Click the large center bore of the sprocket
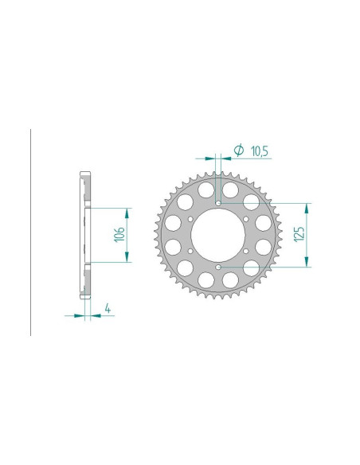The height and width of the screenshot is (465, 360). [219, 235]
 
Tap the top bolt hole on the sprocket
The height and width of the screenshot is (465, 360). [219, 202]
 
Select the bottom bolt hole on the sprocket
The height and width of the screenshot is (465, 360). [219, 268]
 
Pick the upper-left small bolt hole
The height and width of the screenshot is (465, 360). [190, 218]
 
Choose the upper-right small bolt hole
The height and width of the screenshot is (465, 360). [248, 218]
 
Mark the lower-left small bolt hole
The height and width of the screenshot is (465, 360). [190, 252]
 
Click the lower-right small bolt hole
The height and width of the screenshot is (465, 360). [248, 252]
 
